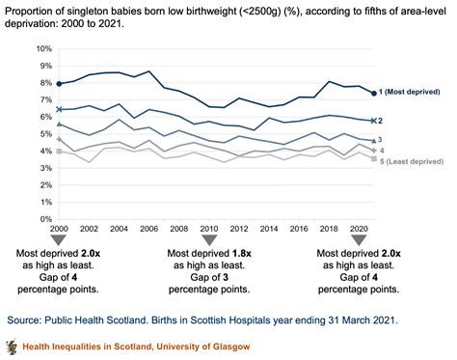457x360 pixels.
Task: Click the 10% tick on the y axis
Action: click(43, 48)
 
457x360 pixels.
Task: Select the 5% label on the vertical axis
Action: click(46, 132)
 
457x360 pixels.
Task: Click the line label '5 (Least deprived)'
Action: click(413, 160)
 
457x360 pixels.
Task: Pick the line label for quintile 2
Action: click(380, 121)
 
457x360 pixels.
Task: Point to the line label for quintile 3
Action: click(380, 140)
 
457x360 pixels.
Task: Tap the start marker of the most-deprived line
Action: click(60, 83)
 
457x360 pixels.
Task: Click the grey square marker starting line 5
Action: click(60, 152)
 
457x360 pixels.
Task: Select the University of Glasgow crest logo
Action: click(12, 346)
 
